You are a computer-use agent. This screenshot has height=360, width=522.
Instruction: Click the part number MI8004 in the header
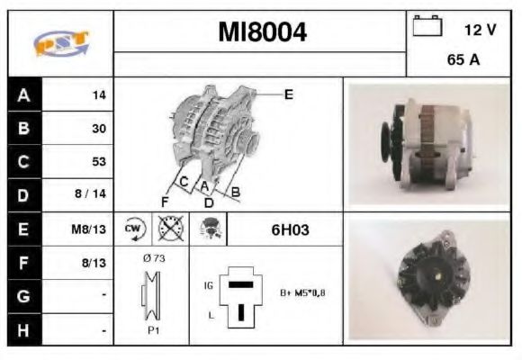[x=262, y=33]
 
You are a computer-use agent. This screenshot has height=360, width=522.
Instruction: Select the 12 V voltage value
[x=480, y=30]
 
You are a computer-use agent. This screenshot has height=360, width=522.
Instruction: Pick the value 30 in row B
[x=98, y=129]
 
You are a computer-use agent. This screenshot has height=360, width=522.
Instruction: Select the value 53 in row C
[x=98, y=162]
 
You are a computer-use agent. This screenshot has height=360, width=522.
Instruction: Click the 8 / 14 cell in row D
[x=93, y=195]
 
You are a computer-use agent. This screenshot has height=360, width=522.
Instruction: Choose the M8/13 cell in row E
[x=90, y=229]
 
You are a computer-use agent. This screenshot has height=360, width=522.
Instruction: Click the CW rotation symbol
[x=133, y=229]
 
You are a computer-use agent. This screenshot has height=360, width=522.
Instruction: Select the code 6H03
[x=290, y=229]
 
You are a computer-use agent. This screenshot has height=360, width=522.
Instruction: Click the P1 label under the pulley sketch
[x=153, y=330]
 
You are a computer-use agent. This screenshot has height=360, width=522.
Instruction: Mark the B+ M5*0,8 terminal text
[x=302, y=293]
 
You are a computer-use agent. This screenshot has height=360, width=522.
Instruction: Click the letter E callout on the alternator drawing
[x=289, y=94]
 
